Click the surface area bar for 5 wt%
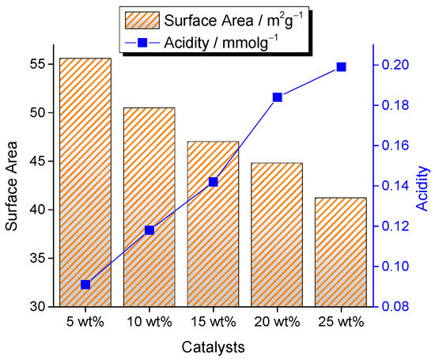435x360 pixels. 85,182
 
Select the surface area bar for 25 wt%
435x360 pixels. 341,252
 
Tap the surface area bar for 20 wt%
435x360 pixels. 277,235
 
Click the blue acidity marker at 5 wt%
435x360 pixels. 85,285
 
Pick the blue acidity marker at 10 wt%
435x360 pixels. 149,230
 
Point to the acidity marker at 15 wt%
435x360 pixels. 213,182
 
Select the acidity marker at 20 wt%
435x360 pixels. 277,97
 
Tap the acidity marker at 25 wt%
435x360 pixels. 341,67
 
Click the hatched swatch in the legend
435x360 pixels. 142,21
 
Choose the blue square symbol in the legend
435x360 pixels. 142,43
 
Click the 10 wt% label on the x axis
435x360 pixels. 149,322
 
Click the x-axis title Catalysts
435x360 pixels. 213,347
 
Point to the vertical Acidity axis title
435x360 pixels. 423,188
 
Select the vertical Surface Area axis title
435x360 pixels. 12,186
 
